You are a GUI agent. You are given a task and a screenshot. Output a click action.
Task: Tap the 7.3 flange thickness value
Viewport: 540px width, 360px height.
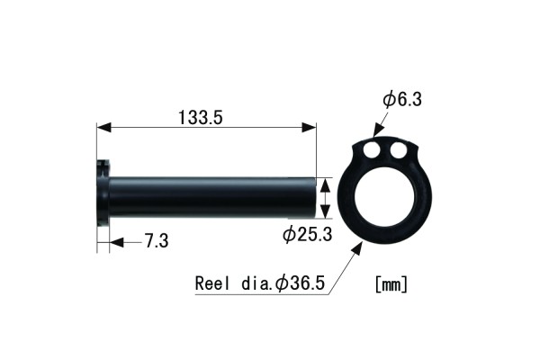(156, 240)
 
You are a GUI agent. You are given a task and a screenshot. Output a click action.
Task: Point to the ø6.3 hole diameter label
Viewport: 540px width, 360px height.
(402, 100)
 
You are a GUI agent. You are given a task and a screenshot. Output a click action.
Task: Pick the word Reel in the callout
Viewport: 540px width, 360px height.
(212, 283)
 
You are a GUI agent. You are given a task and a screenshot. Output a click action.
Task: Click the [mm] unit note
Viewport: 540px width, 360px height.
(391, 283)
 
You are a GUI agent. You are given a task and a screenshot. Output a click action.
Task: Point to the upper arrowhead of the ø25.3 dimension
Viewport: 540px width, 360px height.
(326, 181)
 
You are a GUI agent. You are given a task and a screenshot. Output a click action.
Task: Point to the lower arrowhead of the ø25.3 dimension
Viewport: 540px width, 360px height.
(326, 213)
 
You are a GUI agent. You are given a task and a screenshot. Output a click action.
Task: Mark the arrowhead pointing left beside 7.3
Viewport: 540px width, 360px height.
(113, 240)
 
